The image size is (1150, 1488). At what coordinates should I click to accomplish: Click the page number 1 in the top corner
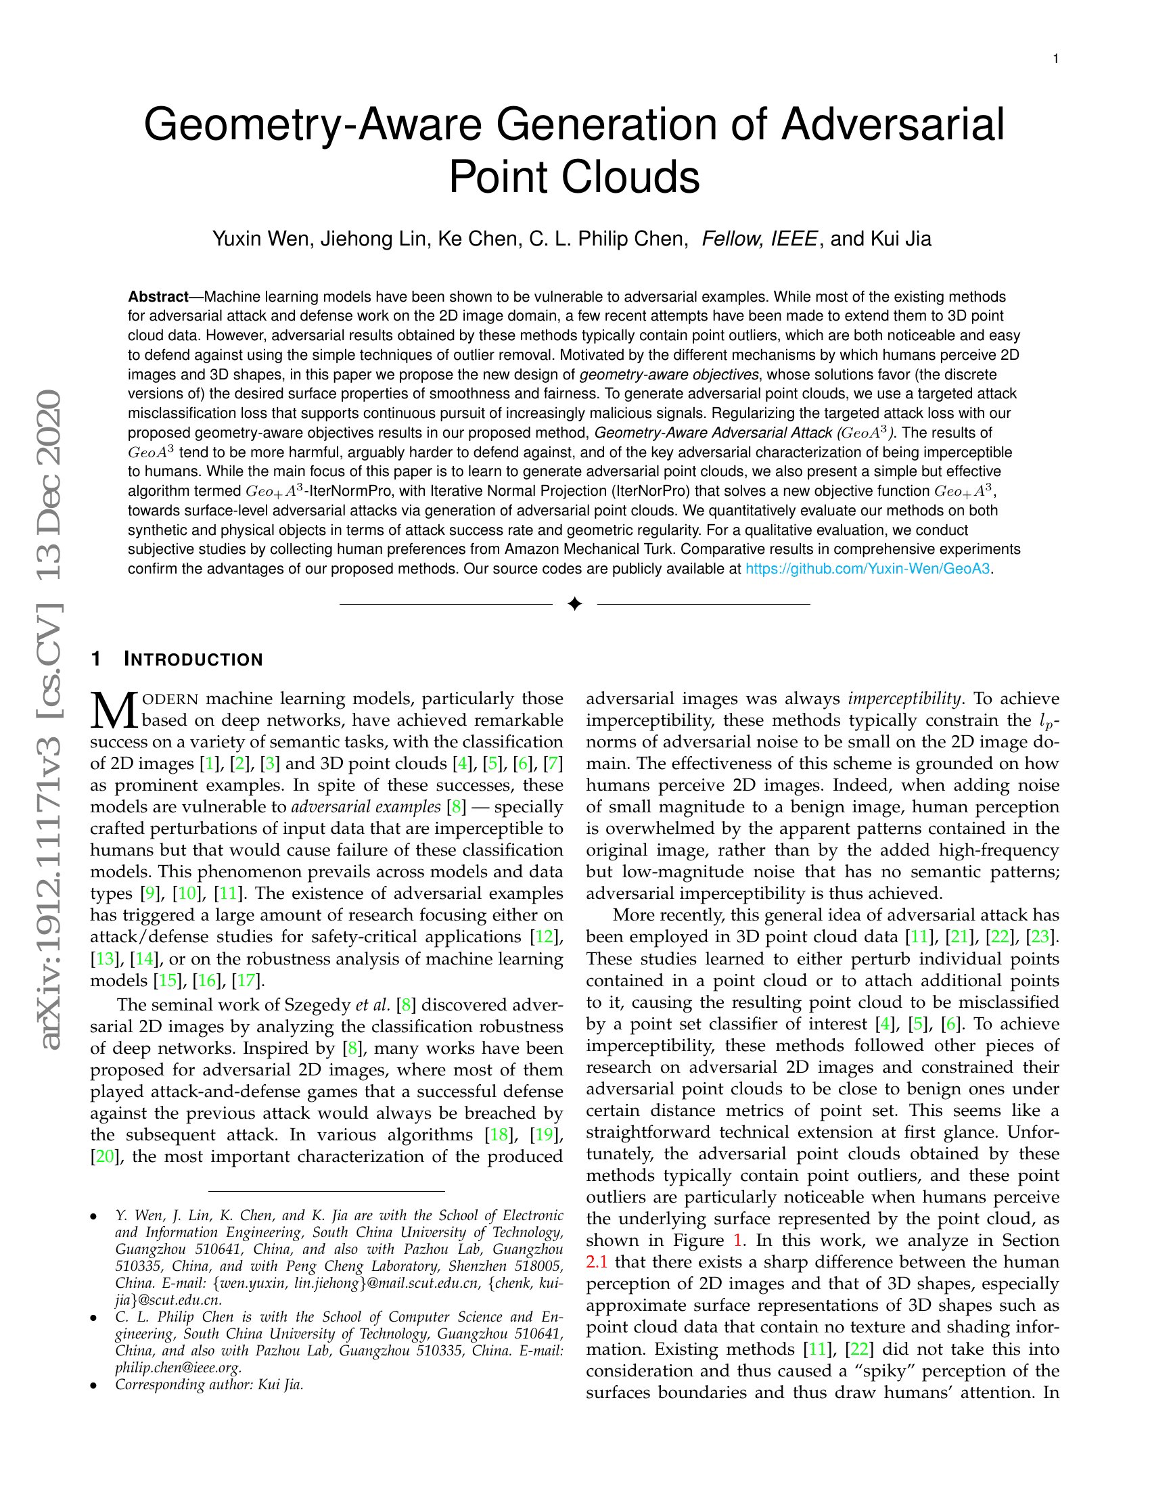click(x=1055, y=60)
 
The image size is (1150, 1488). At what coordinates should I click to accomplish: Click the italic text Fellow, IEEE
click(x=759, y=239)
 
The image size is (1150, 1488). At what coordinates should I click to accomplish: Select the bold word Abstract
click(x=158, y=297)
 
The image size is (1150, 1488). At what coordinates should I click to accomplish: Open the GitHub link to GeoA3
click(x=867, y=568)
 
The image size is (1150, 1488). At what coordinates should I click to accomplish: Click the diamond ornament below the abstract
click(x=574, y=604)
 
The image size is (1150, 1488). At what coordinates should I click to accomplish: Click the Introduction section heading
click(x=193, y=659)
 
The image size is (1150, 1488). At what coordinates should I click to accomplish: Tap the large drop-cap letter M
click(x=114, y=711)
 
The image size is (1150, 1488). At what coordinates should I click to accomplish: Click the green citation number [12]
click(x=545, y=937)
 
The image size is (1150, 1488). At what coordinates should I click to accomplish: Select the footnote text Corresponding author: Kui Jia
click(x=209, y=1385)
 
